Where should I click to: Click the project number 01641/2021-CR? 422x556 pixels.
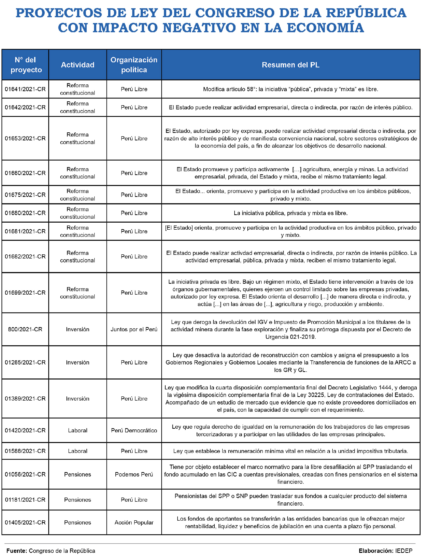[25, 89]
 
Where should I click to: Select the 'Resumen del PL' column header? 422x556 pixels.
[291, 65]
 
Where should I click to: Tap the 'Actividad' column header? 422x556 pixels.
[78, 65]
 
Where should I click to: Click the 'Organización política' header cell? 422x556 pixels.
[134, 65]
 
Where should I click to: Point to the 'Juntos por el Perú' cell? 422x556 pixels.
[134, 329]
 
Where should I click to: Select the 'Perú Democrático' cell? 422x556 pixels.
[134, 430]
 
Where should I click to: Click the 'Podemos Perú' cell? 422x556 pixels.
[134, 474]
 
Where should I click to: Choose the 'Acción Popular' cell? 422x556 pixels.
[134, 523]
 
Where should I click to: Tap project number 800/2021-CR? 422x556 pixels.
[25, 329]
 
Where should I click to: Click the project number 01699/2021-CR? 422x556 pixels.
[25, 293]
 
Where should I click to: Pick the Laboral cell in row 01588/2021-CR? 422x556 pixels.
[78, 451]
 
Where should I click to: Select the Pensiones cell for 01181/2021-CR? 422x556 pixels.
[78, 500]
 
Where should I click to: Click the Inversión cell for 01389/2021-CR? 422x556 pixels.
[78, 399]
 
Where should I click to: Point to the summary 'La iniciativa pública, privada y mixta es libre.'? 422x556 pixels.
[291, 213]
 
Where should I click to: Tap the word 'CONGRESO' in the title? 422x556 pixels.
[235, 13]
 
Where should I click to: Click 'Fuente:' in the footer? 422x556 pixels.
[16, 551]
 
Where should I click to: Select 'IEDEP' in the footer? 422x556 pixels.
[404, 551]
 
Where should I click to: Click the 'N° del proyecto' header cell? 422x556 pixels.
[25, 65]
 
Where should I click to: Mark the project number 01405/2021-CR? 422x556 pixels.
[25, 523]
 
